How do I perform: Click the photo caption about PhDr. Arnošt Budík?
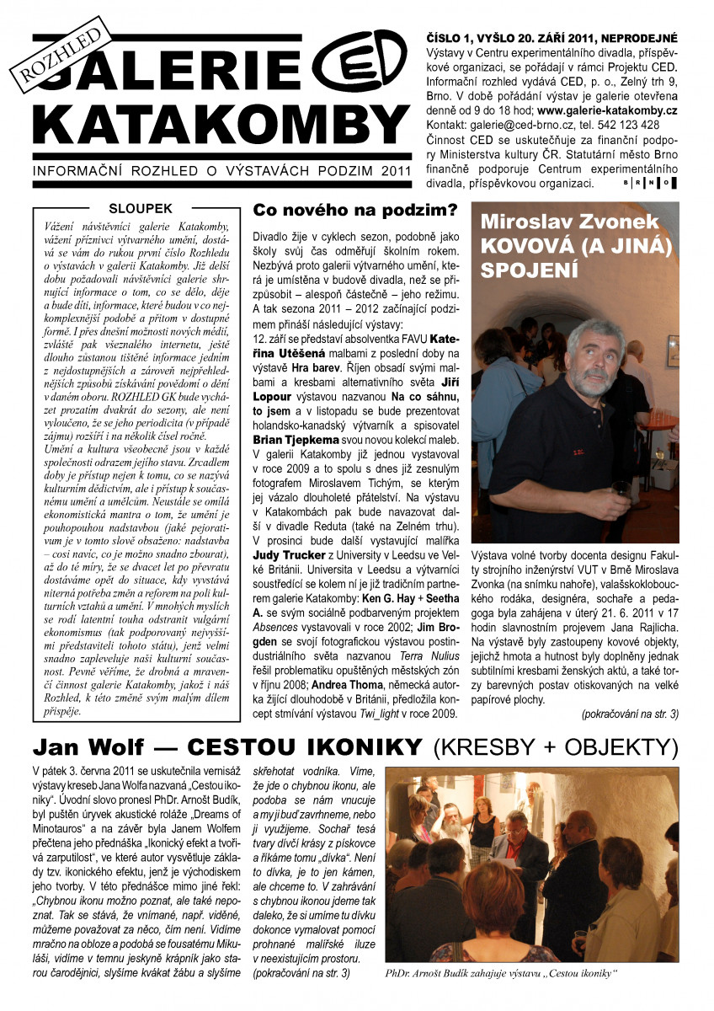pos(501,972)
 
